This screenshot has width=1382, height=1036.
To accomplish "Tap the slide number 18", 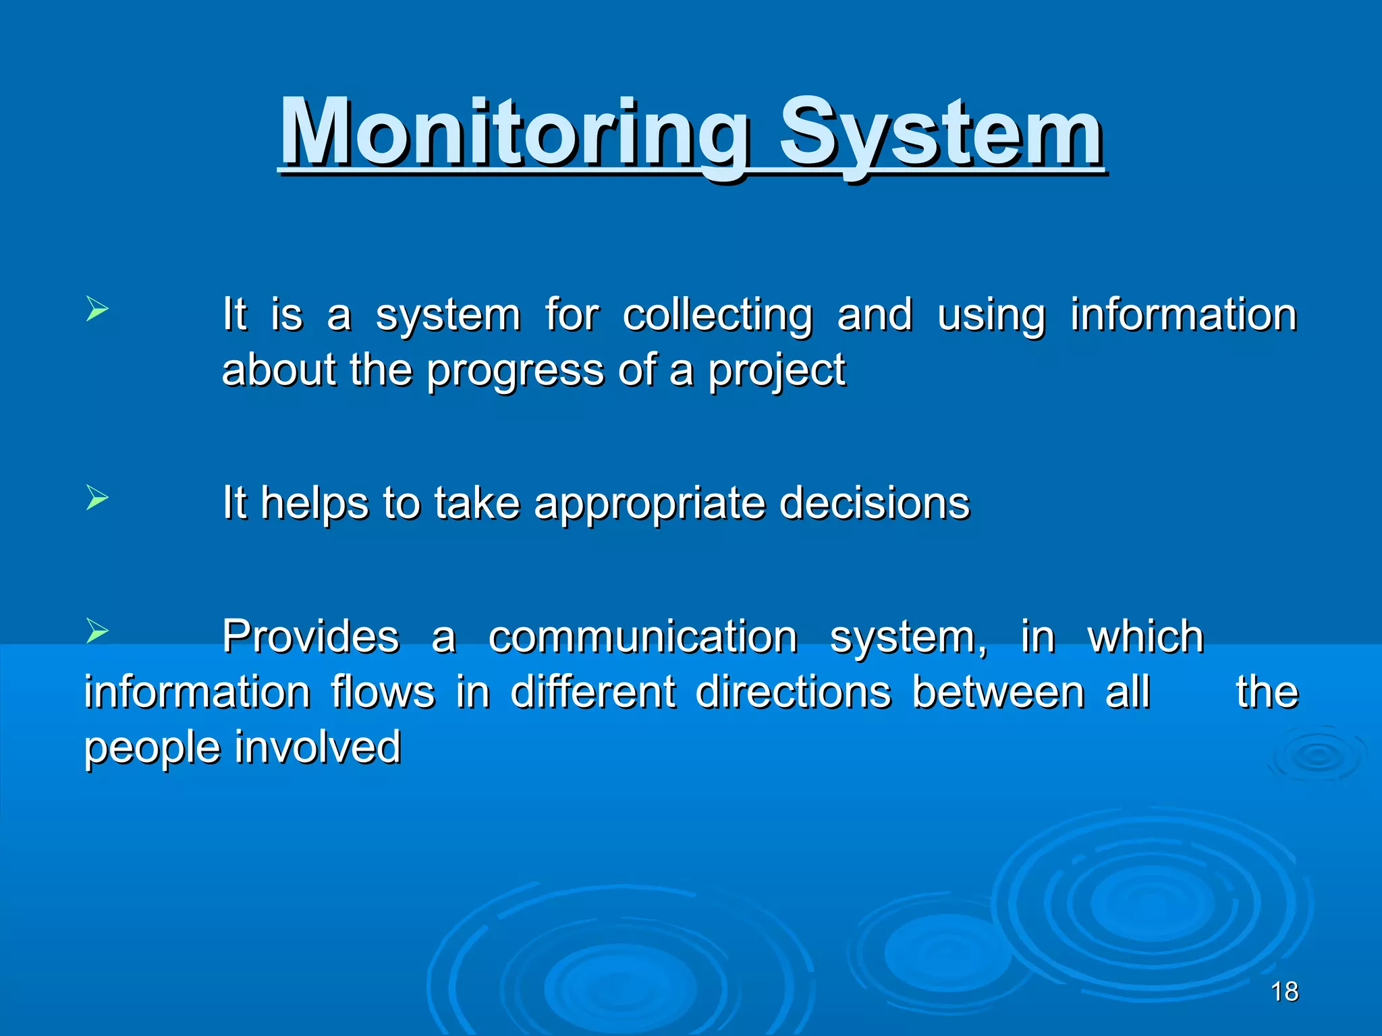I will pos(1284,991).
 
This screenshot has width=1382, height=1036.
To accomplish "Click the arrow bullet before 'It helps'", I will pos(97,498).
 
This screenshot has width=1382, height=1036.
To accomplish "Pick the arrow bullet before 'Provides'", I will pos(97,632).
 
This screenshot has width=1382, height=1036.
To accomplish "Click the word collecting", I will pos(717,316).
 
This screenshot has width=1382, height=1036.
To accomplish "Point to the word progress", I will pos(515,371).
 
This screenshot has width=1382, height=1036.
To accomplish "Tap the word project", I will pos(776,371).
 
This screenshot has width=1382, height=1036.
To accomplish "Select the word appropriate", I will pos(649,504).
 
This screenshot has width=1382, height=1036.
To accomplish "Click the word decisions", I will pos(874,504).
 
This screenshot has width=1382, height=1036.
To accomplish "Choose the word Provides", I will pos(311,637).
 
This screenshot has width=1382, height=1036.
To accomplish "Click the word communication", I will pos(642,637).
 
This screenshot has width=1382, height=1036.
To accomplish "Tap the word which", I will pos(1145,637).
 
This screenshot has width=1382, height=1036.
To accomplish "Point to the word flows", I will pos(383,693).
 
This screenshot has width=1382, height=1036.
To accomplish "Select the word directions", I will pos(793,693).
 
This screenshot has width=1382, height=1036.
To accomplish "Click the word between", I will pos(997,693).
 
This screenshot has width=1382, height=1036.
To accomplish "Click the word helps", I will pos(314,504).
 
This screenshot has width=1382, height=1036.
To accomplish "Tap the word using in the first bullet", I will pos(991,316).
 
